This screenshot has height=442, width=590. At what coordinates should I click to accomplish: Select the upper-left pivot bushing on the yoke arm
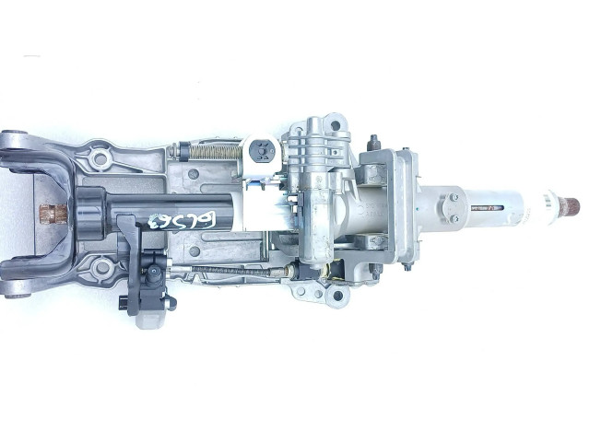tap(10, 141)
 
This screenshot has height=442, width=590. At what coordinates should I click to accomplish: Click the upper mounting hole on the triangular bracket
tap(100, 159)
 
